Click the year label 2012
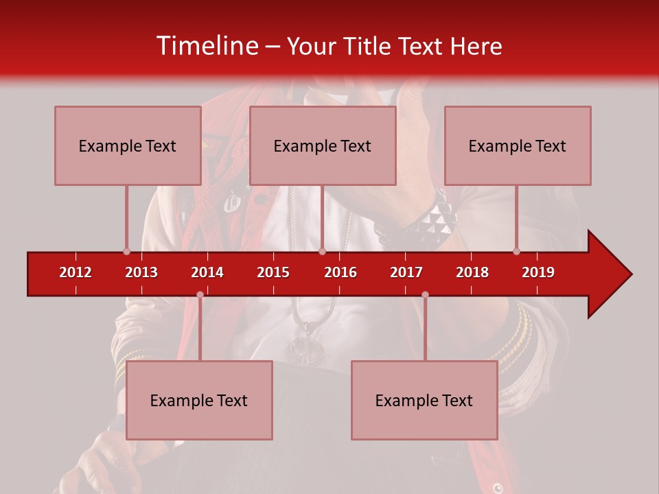[x=76, y=272]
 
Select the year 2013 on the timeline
[x=141, y=272]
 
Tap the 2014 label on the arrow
[x=207, y=272]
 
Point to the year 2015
[x=273, y=272]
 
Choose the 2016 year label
[x=340, y=272]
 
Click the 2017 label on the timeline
[x=406, y=272]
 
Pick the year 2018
[x=472, y=272]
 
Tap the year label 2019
[x=538, y=272]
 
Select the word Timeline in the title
[x=207, y=46]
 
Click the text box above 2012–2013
[x=128, y=145]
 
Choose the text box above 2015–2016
[x=323, y=145]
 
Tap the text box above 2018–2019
[x=518, y=145]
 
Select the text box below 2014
[x=199, y=400]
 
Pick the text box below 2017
[x=424, y=400]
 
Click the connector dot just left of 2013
[x=126, y=251]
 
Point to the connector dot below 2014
[x=200, y=294]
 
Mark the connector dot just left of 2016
[x=322, y=251]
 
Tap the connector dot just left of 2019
[x=516, y=251]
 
